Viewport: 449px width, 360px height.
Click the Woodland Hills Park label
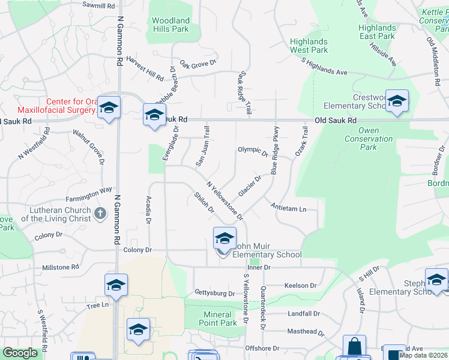[x=171, y=25]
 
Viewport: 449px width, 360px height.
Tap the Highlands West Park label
[x=309, y=46]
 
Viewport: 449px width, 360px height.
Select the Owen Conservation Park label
[x=369, y=139]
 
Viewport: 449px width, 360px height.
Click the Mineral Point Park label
[x=217, y=319]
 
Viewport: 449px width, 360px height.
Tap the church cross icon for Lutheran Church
[x=100, y=212]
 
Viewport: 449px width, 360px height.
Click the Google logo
[x=20, y=353]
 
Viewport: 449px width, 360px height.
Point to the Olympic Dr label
[x=253, y=151]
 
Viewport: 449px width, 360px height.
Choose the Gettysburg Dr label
[x=214, y=293]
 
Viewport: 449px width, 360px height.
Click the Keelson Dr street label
[x=300, y=286]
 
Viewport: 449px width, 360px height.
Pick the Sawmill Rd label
[x=98, y=5]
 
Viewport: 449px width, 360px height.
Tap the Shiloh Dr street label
[x=204, y=202]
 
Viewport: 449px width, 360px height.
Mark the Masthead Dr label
[x=306, y=332]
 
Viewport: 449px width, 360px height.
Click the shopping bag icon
[x=354, y=346]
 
